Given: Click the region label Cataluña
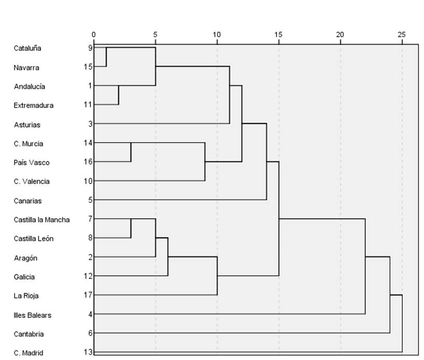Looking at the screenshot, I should coord(28,48).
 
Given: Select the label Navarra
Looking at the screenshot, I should coord(27,68).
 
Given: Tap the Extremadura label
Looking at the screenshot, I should coord(34,105).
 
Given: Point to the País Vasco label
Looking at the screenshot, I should coord(32,163).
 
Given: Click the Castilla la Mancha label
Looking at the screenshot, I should coord(42,220).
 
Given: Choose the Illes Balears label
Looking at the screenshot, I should coord(33,315).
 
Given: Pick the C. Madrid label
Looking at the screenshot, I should coord(28,353).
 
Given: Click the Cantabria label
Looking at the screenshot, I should coord(29,334).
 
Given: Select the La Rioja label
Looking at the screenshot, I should coord(26,296).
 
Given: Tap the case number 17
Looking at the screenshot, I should coord(88,295).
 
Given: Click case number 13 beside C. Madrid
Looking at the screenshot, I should coord(88,352).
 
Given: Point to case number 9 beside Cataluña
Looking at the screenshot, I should coord(90,47).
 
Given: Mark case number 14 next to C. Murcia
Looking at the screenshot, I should coord(88,142).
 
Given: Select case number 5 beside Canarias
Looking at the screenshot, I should coord(90,199).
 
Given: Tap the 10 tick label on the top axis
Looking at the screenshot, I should coord(217,34).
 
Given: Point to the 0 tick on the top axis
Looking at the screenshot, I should coord(93,34).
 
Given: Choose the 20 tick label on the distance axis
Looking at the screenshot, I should coord(340,34).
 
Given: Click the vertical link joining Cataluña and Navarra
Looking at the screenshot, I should coord(106,57).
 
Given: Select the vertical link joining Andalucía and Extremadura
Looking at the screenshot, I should coord(119,95).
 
